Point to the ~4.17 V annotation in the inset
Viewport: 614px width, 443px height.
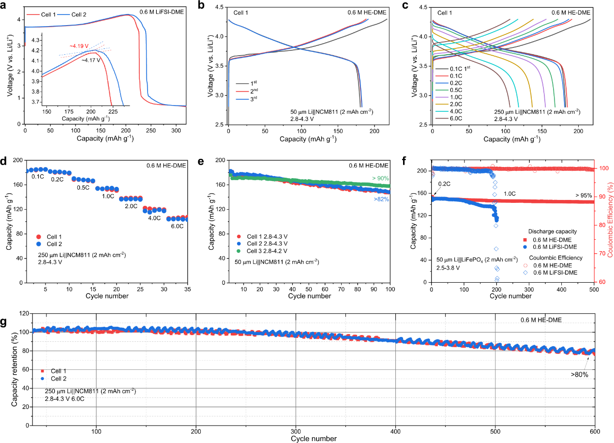[90, 60]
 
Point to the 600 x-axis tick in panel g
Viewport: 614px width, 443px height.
[594, 431]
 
